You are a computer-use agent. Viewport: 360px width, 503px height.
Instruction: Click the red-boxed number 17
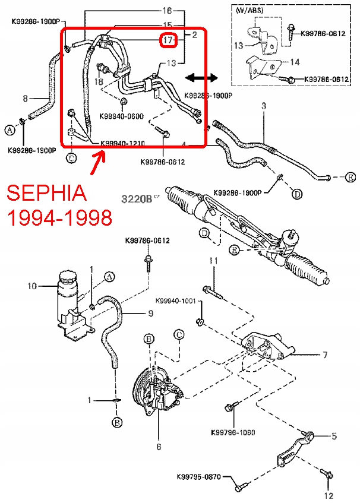point(168,40)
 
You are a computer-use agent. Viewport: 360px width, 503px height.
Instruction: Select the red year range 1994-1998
point(59,218)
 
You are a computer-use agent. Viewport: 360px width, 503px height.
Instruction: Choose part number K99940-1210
point(123,143)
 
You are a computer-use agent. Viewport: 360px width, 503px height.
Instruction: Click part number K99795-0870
point(198,477)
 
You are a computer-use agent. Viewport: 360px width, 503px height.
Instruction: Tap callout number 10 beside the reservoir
point(33,286)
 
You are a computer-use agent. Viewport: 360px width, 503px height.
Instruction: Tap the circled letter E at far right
point(350,178)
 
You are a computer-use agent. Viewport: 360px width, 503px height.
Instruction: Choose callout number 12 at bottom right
point(329,494)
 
